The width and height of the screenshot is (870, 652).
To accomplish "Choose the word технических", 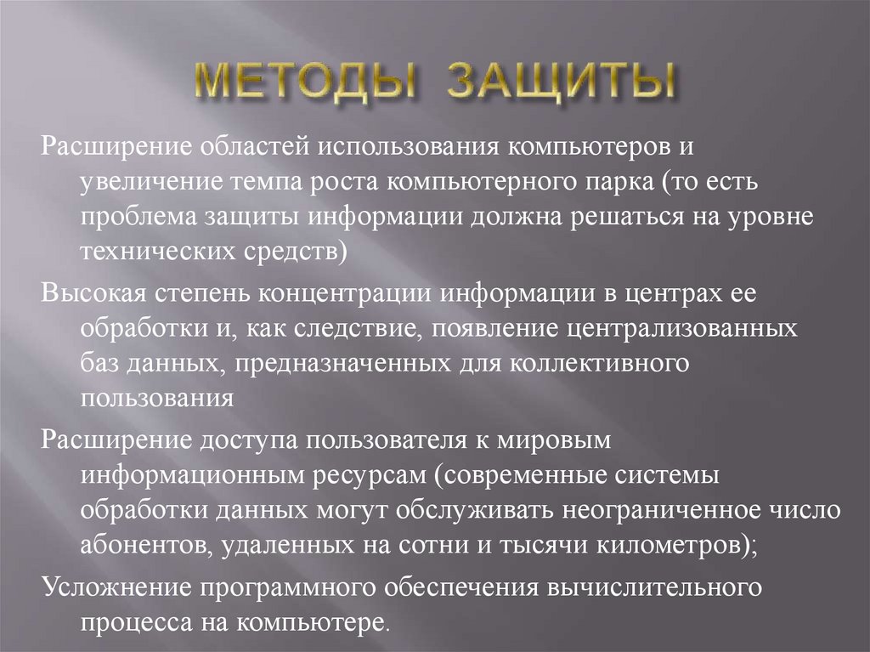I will pyautogui.click(x=153, y=252).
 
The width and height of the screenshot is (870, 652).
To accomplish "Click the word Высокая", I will pyautogui.click(x=94, y=292).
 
